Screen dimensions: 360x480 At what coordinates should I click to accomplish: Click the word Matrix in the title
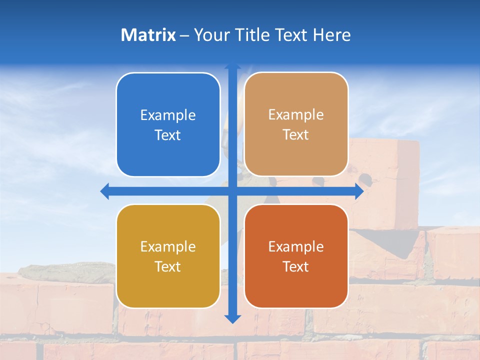pyautogui.click(x=148, y=35)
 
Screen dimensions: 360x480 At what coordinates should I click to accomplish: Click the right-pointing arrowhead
pyautogui.click(x=359, y=191)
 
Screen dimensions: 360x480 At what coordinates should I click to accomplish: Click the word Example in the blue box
pyautogui.click(x=168, y=115)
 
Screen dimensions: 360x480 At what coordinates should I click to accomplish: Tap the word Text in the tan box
pyautogui.click(x=296, y=135)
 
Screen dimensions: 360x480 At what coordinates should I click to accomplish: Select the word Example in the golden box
pyautogui.click(x=168, y=246)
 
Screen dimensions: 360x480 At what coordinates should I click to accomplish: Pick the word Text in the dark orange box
pyautogui.click(x=296, y=266)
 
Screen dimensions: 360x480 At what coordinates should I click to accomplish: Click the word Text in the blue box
pyautogui.click(x=168, y=135)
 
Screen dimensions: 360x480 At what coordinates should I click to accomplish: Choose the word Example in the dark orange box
pyautogui.click(x=296, y=246)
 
